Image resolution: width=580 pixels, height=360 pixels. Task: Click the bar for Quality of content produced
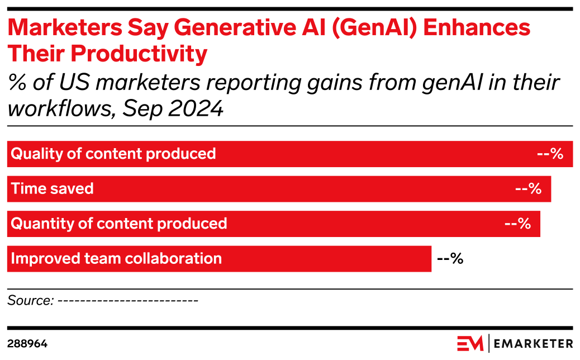click(290, 154)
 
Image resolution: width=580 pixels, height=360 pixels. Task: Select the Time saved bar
click(279, 189)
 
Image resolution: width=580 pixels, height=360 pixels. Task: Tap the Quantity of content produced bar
click(274, 224)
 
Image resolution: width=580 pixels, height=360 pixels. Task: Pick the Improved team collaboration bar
click(220, 259)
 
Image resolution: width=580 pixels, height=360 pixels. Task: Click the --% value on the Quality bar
click(550, 154)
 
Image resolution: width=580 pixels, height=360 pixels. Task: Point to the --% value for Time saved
click(528, 189)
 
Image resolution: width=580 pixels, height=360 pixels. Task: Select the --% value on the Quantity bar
click(517, 224)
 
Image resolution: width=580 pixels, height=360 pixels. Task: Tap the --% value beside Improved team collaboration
click(450, 258)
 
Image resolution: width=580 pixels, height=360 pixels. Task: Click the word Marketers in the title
click(65, 27)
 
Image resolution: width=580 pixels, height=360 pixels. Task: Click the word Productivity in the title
click(139, 54)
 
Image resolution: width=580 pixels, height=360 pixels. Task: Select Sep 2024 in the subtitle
click(173, 108)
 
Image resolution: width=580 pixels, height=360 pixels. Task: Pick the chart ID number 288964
click(27, 344)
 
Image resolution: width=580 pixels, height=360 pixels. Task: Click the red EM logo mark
click(470, 343)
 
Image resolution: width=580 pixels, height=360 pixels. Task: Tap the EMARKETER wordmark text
click(534, 344)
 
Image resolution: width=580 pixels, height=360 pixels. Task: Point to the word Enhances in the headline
click(477, 27)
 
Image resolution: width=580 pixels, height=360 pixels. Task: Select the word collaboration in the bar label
click(173, 258)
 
